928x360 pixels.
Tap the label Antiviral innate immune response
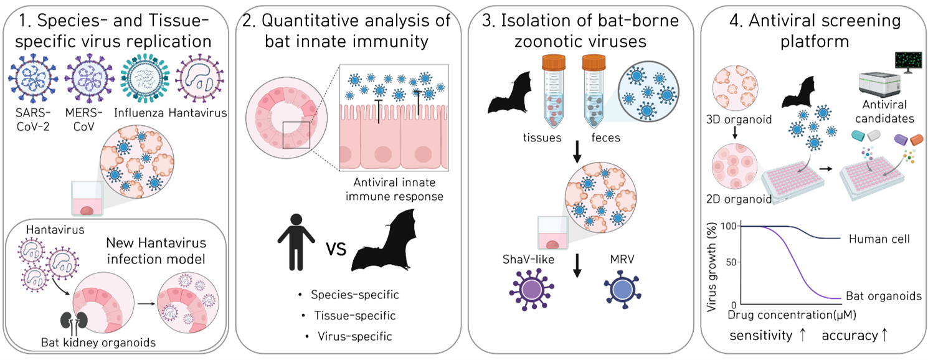[394, 191]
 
